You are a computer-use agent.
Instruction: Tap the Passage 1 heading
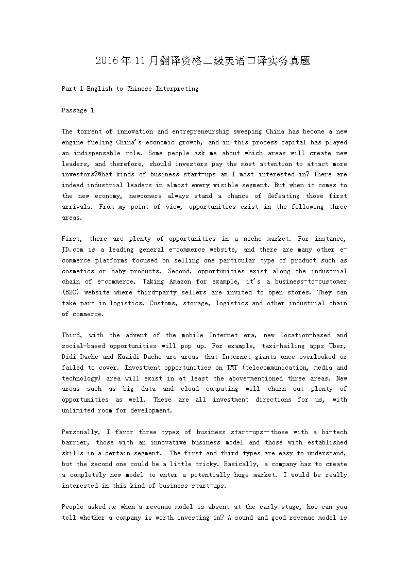click(78, 110)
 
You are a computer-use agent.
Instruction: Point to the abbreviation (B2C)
click(71, 292)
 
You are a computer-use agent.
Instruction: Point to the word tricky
click(206, 464)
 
